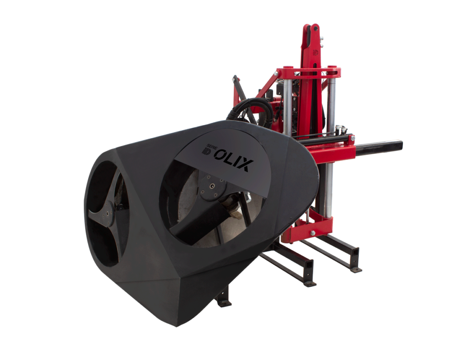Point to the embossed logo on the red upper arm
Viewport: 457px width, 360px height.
click(x=315, y=53)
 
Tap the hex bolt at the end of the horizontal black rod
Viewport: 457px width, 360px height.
click(x=353, y=138)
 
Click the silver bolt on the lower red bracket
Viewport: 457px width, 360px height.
click(x=313, y=233)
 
